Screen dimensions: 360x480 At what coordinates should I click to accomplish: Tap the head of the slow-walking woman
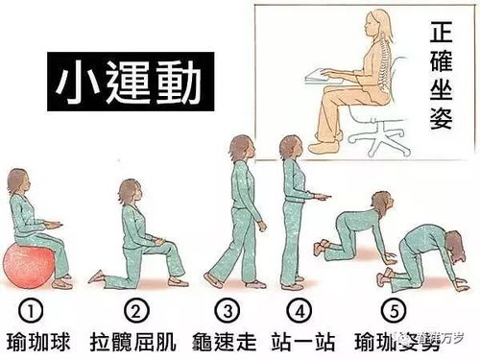pyautogui.click(x=239, y=150)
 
